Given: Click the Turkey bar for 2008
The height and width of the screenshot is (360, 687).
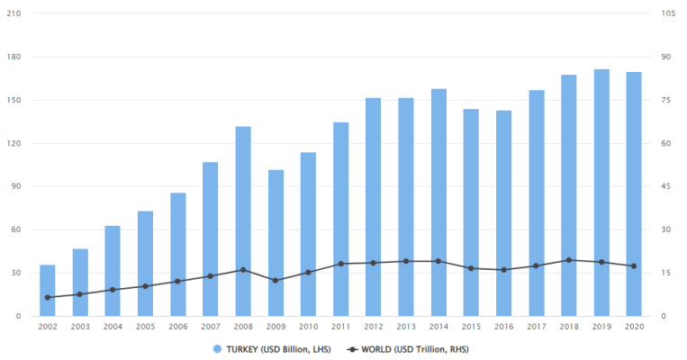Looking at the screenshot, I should tap(243, 220).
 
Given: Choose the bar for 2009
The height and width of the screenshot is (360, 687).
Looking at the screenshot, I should tap(276, 242).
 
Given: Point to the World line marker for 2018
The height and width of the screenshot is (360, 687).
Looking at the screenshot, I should tap(569, 260).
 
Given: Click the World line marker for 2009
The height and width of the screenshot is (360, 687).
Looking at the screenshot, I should tap(276, 281).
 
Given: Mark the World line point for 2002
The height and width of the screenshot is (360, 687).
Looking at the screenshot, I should tap(48, 297).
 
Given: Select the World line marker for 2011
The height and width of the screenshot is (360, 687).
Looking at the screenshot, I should tap(341, 264).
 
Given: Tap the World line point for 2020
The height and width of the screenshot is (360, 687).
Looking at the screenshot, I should tap(634, 266).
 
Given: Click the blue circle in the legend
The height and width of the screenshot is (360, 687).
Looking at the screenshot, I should tap(217, 348).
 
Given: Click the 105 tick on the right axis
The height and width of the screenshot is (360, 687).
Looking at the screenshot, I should tap(668, 13).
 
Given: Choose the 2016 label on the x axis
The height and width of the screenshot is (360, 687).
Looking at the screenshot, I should tap(504, 327).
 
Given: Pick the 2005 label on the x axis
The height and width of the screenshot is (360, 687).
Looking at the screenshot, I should tap(146, 327).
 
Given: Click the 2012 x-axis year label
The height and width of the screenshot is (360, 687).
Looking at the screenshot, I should tap(374, 327).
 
